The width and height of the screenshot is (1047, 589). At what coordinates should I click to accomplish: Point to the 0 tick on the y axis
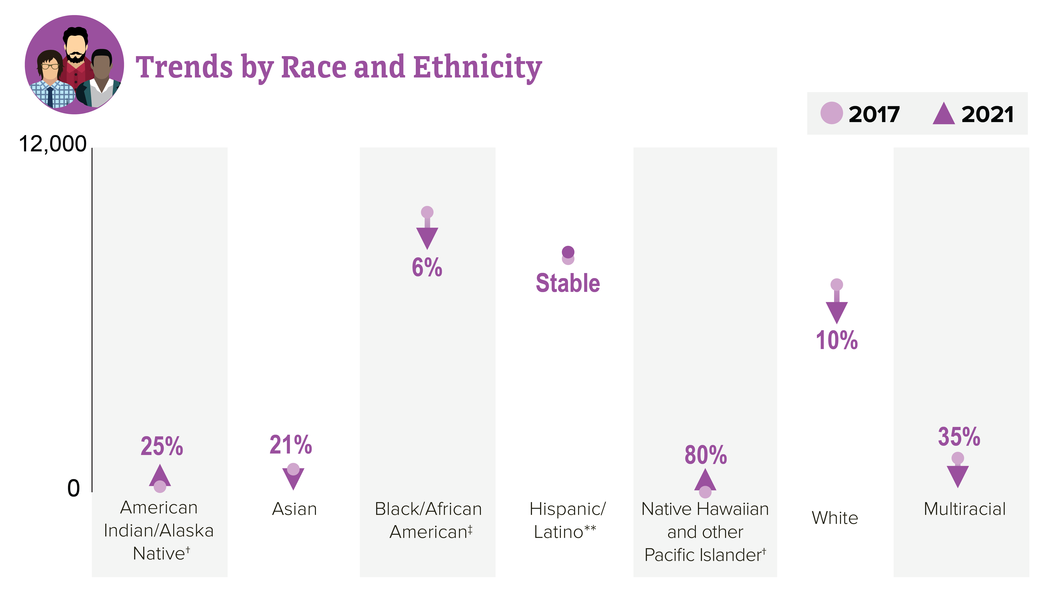(73, 488)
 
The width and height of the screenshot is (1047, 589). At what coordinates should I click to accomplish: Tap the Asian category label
(294, 509)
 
